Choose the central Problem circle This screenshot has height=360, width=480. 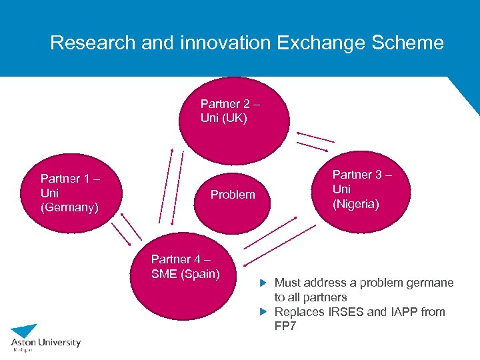[x=233, y=195]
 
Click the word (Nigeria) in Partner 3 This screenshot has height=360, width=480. [x=355, y=204]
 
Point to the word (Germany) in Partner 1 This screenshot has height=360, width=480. [x=69, y=208]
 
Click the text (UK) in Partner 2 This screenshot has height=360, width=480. [x=234, y=119]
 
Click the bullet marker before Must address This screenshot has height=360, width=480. [x=263, y=283]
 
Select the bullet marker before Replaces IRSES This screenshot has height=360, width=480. [x=263, y=312]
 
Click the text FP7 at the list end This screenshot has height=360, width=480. [x=285, y=327]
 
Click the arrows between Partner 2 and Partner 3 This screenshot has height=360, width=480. [x=315, y=140]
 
